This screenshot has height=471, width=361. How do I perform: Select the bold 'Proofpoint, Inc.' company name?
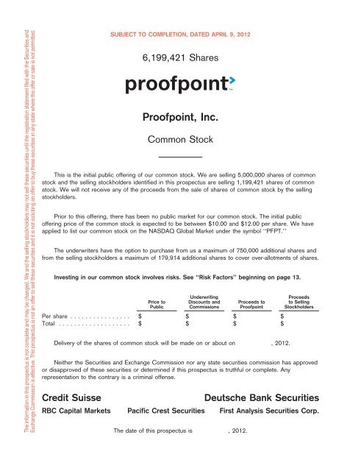pyautogui.click(x=180, y=116)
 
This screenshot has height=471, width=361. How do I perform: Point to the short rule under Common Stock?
pyautogui.click(x=180, y=156)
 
